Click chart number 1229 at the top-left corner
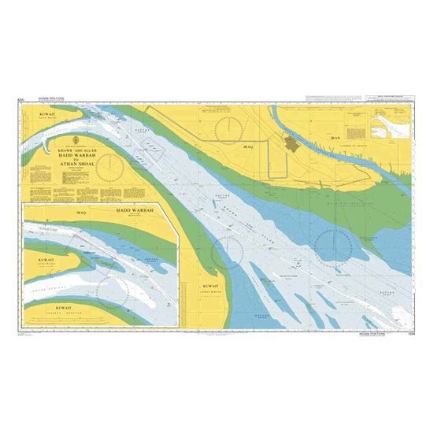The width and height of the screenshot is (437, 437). (x=29, y=99)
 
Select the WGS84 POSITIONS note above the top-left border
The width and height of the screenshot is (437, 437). (x=54, y=99)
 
